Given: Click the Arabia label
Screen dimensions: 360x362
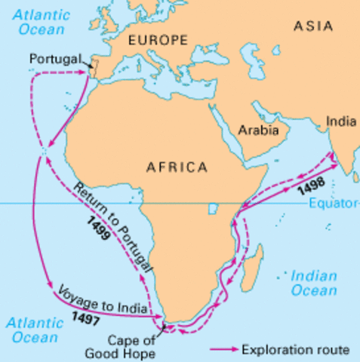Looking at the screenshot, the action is tap(258, 130).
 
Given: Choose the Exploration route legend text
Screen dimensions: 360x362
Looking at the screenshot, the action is tap(295, 349).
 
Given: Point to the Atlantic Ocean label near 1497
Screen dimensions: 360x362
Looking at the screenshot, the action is tap(32, 329).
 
